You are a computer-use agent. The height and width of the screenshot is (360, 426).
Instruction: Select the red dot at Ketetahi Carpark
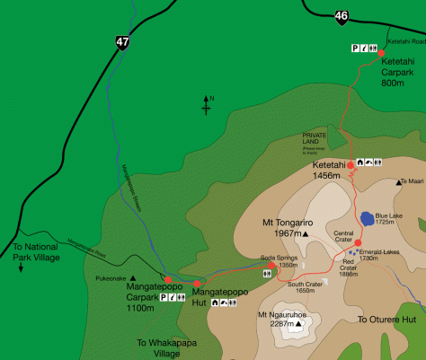[381, 54]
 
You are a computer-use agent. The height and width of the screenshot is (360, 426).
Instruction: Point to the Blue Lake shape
[368, 217]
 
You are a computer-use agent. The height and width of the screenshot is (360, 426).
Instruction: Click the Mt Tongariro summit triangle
[306, 234]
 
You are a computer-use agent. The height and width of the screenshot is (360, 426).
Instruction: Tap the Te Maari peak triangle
[398, 182]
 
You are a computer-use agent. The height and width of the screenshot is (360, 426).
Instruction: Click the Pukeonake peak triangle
[133, 277]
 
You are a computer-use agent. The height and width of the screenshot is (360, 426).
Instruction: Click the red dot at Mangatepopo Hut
[197, 284]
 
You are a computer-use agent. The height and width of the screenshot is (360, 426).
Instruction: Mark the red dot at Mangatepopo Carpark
[168, 279]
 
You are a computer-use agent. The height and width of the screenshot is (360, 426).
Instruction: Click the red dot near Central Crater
[358, 242]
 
